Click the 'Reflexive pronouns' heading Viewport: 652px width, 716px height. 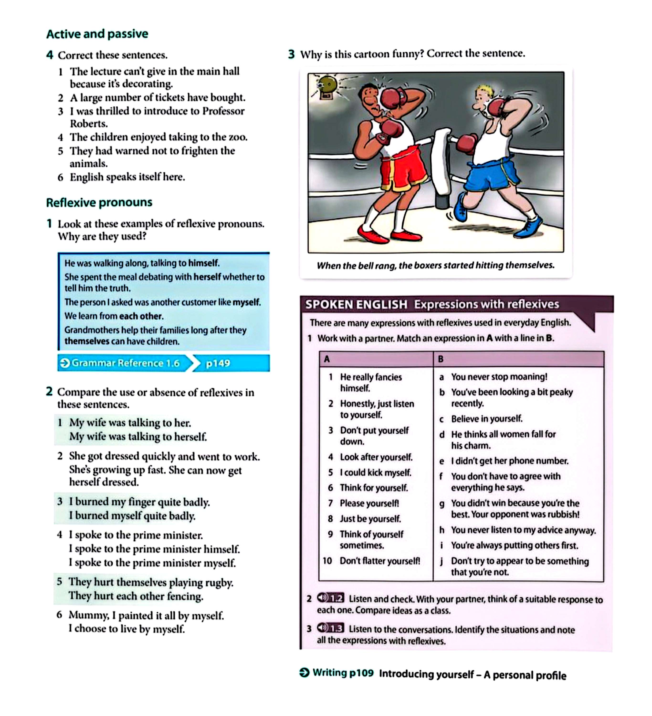(x=99, y=202)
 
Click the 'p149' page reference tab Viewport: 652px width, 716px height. (x=218, y=363)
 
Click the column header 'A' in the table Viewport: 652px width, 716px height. (x=327, y=359)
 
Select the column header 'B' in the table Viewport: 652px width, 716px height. (x=441, y=359)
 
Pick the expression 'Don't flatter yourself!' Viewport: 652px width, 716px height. (x=379, y=561)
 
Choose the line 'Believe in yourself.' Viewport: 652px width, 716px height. (x=487, y=419)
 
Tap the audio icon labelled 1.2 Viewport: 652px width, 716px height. (x=330, y=598)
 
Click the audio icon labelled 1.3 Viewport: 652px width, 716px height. (x=330, y=628)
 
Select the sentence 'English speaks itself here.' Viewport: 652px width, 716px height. (x=127, y=177)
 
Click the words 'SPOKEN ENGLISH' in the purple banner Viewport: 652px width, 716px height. (x=356, y=304)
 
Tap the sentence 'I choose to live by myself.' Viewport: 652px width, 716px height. (x=127, y=629)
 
